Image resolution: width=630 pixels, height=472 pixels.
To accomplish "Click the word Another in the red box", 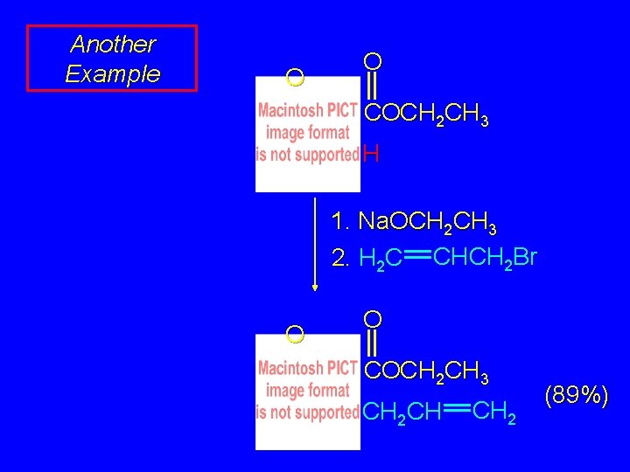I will (x=113, y=44).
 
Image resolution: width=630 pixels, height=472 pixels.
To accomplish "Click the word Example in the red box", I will (x=113, y=73).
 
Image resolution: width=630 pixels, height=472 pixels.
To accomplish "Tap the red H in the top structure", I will (x=371, y=156).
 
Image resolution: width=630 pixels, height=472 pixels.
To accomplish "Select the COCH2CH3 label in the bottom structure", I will (x=426, y=371).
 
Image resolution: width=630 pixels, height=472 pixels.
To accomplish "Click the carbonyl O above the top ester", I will (x=373, y=60).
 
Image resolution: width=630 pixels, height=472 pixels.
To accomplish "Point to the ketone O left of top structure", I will (x=295, y=79).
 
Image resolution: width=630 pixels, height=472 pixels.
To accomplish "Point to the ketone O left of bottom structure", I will (x=295, y=334).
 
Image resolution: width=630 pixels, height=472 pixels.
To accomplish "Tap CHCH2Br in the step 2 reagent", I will (x=485, y=258).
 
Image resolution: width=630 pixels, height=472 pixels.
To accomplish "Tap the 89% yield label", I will (x=576, y=394).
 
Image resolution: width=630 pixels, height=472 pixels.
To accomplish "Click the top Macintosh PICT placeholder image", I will (x=307, y=134).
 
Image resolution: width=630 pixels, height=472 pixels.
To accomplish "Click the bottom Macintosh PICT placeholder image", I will (x=307, y=391).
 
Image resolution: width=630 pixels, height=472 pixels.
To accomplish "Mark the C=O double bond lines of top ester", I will (x=373, y=87).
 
